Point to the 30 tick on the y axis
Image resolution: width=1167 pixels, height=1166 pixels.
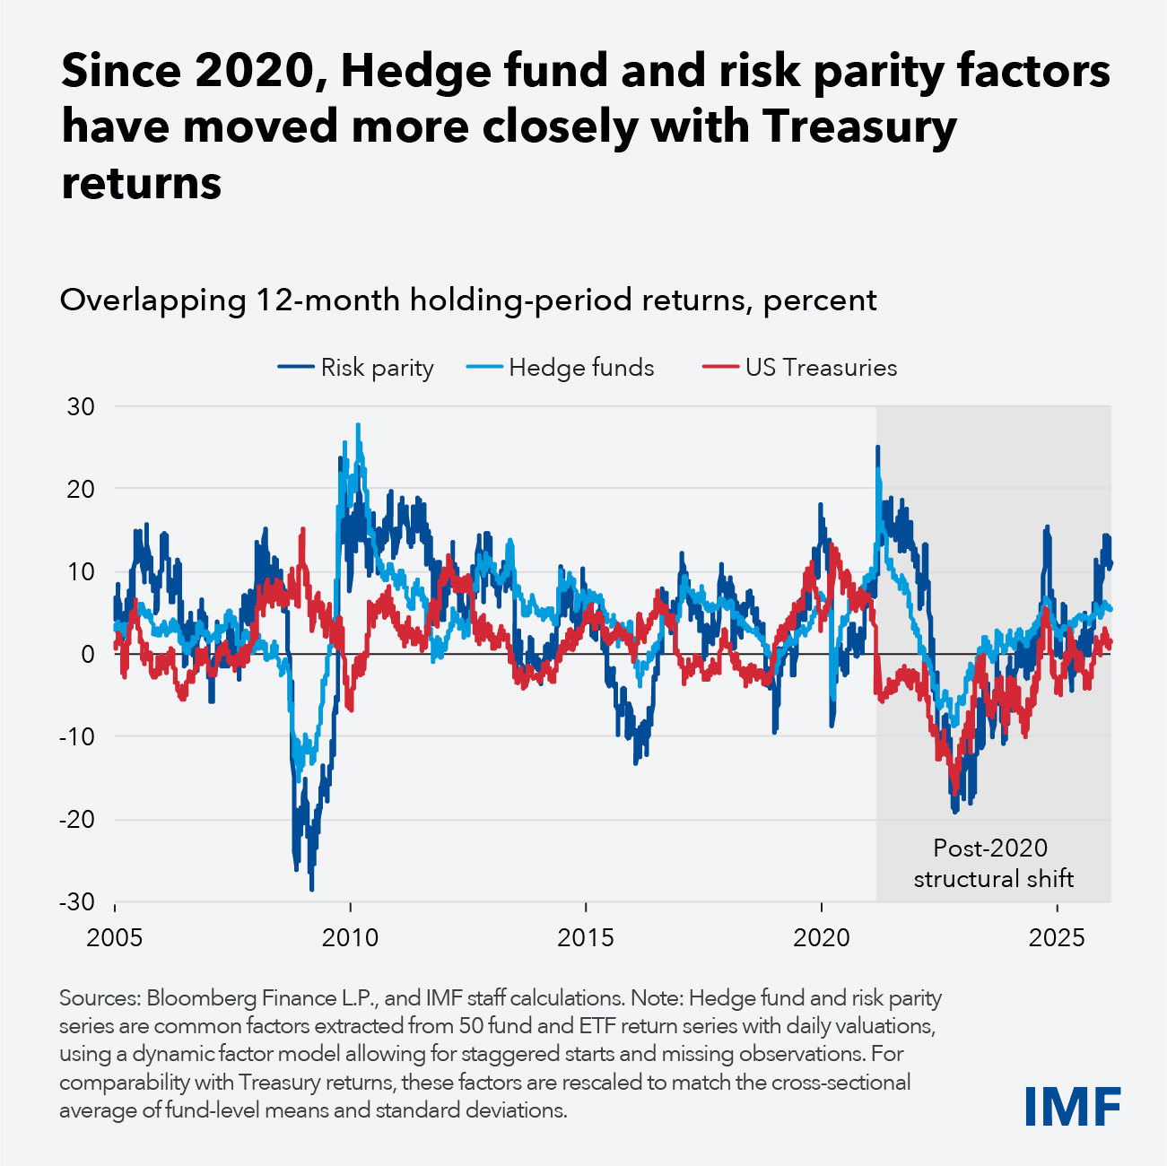tap(80, 406)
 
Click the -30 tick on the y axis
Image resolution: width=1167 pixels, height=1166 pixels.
tap(76, 902)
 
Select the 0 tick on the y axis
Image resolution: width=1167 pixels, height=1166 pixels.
tap(88, 655)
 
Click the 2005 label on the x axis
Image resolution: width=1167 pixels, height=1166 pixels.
tap(115, 938)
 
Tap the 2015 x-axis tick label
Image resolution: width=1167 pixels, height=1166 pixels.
tap(586, 938)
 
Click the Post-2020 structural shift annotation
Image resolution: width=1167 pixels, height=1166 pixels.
tap(992, 863)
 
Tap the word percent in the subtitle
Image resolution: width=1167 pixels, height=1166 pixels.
tap(819, 300)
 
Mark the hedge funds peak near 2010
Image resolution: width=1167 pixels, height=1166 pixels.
tap(358, 425)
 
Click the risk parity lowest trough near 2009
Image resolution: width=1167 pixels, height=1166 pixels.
tap(311, 890)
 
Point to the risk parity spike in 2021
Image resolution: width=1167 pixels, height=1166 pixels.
tap(877, 447)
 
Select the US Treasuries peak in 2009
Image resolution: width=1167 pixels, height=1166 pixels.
tap(303, 529)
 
